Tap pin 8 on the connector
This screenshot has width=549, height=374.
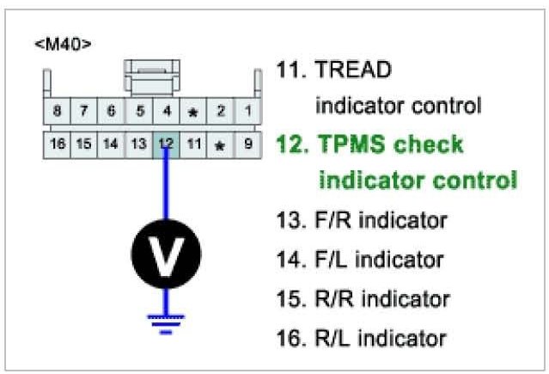point(57,111)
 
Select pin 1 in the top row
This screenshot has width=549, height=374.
point(247,111)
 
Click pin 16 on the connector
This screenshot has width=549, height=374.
point(57,144)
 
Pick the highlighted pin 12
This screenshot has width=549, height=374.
point(166,144)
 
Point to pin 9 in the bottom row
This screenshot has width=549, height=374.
point(247,144)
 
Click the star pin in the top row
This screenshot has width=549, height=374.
point(193,111)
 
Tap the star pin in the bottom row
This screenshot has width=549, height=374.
point(220,144)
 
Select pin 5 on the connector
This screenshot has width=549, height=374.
point(138,111)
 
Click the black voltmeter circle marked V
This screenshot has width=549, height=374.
point(166,254)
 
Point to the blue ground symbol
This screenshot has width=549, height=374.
point(166,321)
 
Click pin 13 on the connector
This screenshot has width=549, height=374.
point(138,144)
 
